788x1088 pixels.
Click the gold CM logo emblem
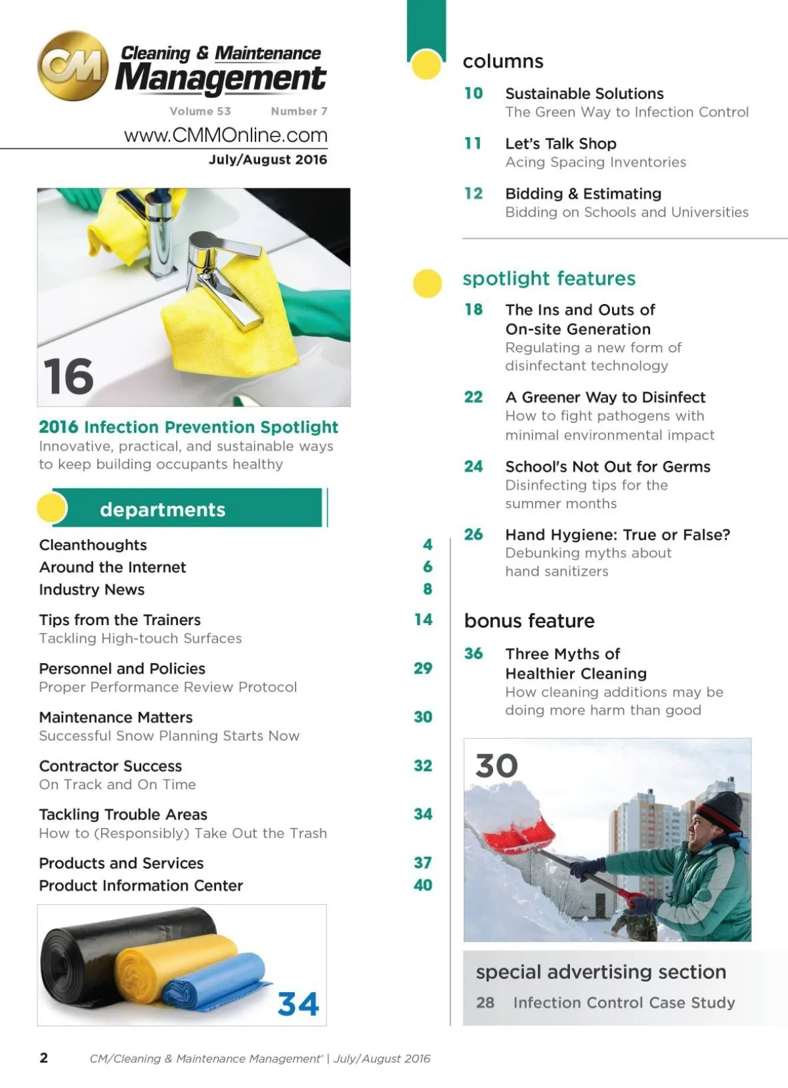tap(73, 66)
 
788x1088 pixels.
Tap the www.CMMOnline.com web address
tap(225, 135)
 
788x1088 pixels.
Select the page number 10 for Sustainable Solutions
tap(473, 94)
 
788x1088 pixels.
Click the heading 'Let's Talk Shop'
tap(560, 144)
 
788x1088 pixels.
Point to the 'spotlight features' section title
tap(549, 278)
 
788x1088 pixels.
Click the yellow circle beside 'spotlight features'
tap(427, 283)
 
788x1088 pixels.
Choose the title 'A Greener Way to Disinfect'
tap(605, 397)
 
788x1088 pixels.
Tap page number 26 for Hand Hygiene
tap(473, 534)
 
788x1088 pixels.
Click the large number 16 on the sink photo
tap(68, 377)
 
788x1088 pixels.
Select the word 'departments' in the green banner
tap(162, 510)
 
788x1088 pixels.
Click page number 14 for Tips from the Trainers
tap(423, 619)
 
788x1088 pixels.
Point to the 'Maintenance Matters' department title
tap(116, 717)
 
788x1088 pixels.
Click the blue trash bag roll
tap(217, 982)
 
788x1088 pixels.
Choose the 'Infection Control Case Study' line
tap(624, 1003)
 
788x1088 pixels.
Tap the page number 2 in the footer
tap(44, 1057)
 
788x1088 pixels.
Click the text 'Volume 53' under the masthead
tap(200, 112)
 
